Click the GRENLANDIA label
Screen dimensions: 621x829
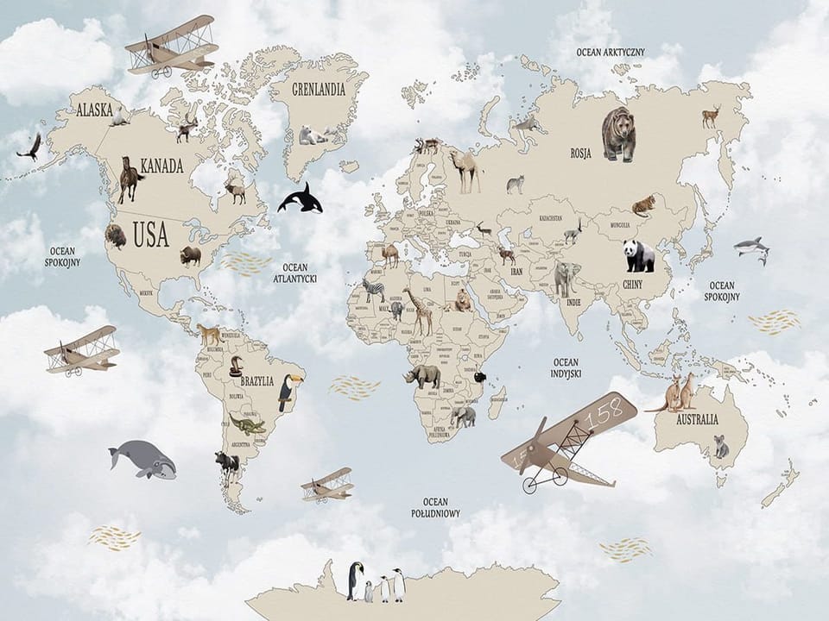coord(318,89)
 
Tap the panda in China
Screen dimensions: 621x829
coord(639,255)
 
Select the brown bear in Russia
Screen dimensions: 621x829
coord(618,134)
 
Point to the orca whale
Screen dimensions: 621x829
coord(300,199)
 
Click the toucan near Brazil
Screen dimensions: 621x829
coord(286,392)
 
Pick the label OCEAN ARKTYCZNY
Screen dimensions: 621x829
coord(611,52)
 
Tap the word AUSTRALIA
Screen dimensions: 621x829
coord(697,420)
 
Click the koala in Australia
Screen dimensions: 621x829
coord(720,446)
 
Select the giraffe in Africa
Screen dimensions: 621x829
coord(418,310)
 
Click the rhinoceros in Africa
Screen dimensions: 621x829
coord(424,375)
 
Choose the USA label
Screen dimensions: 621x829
coord(151,235)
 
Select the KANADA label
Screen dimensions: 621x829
coord(161,166)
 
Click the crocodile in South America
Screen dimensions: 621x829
coord(247,424)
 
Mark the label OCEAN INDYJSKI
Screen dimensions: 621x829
coord(566,367)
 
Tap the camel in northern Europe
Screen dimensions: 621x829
coord(465,171)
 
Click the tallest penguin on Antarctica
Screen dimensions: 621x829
coord(355,580)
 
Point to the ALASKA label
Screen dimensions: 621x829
coord(94,110)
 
